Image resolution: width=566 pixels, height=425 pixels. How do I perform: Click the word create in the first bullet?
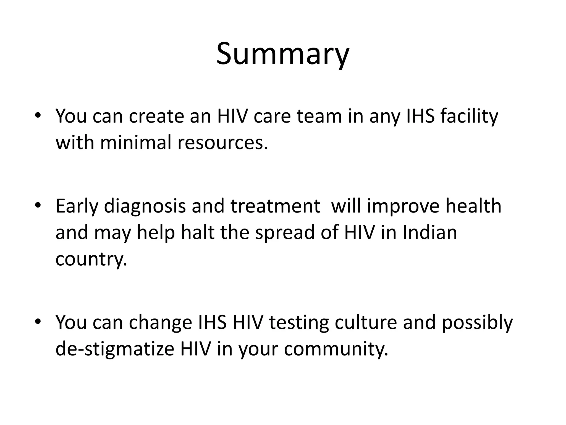coord(156,116)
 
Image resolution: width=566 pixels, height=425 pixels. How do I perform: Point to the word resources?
coord(223,142)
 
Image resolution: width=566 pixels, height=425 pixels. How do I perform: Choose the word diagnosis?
coord(145,206)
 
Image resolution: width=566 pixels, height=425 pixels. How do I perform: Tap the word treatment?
coord(276,206)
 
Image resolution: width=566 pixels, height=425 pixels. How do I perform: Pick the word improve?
coord(403,206)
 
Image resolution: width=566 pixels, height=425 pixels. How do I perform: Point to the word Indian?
coord(430,232)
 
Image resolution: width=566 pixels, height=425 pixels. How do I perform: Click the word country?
coord(91,259)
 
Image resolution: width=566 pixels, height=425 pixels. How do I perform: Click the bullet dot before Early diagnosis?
coord(38,205)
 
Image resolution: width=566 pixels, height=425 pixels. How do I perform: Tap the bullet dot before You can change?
coord(38,322)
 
